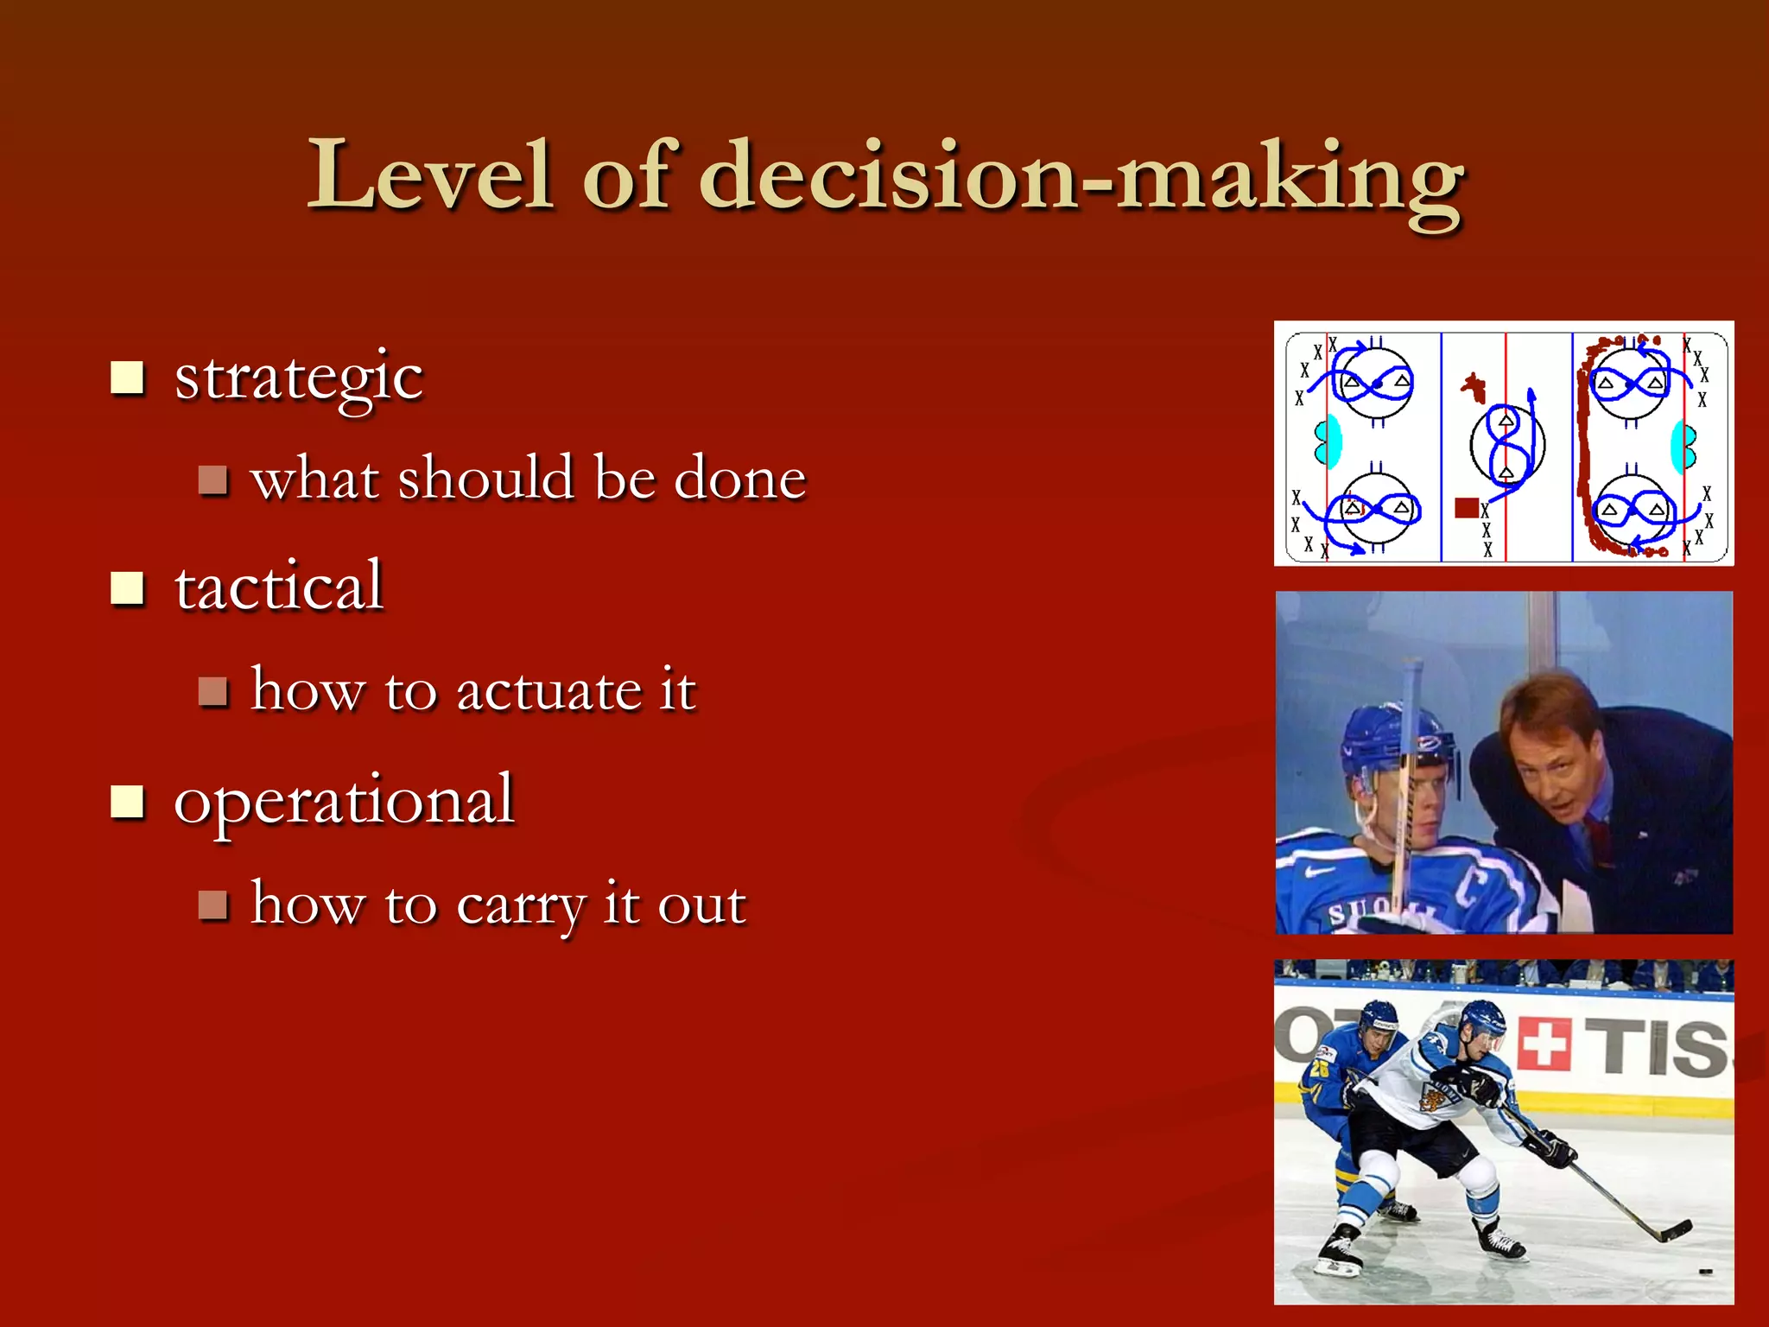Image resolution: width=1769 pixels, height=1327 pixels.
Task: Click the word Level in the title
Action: (429, 177)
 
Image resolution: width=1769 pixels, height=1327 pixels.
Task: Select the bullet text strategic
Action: (298, 378)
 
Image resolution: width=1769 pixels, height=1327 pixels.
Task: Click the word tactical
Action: (278, 587)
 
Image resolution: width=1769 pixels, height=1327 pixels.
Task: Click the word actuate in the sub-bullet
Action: (548, 692)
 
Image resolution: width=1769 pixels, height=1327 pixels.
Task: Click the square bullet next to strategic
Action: (128, 378)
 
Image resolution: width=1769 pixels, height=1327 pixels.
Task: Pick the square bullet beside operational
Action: (128, 802)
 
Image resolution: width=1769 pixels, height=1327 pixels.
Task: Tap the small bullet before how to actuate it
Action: (212, 692)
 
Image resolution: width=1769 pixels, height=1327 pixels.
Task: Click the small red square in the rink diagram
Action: (1466, 507)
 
